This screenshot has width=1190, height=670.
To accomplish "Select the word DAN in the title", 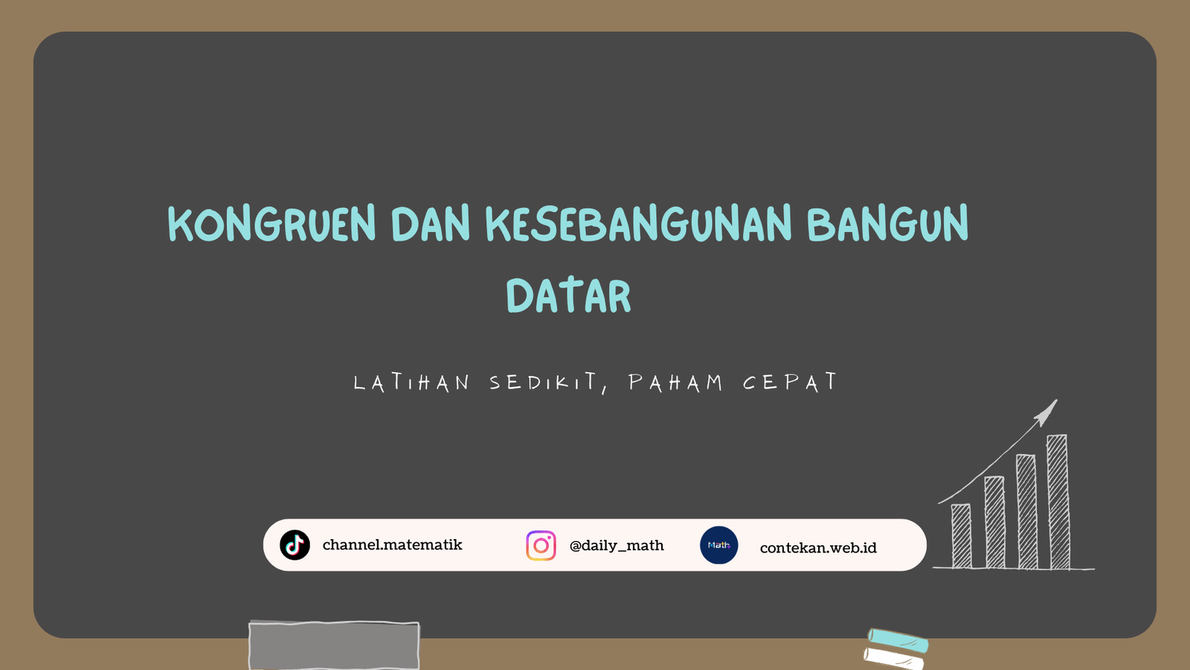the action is coord(431,223).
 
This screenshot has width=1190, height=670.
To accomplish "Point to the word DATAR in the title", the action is coord(568,296).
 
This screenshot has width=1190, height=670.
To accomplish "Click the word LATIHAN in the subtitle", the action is coord(412,383).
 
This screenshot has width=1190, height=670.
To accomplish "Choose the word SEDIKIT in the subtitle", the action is coord(548,383).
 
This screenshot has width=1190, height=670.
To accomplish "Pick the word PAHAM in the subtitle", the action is coord(676,383).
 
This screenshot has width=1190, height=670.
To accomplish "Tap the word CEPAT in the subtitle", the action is coord(790,382).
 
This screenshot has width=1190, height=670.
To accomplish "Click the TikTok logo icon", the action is coord(295,545).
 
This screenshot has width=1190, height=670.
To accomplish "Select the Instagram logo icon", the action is coord(541,546).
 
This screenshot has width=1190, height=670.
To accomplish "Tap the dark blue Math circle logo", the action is coord(718,545).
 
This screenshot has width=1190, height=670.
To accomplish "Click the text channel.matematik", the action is coord(393,544).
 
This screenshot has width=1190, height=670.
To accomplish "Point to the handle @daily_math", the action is coord(617,546).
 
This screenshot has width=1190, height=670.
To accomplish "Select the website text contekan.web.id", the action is coord(818,548).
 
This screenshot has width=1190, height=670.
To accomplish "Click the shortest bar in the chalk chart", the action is coord(962,536).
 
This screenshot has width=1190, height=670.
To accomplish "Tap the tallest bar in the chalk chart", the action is coord(1058,502).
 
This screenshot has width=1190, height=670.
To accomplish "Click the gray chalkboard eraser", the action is coord(334,645).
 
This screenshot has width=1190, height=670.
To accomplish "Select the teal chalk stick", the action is coord(898,640).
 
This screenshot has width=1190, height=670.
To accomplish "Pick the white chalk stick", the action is coord(893,659).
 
